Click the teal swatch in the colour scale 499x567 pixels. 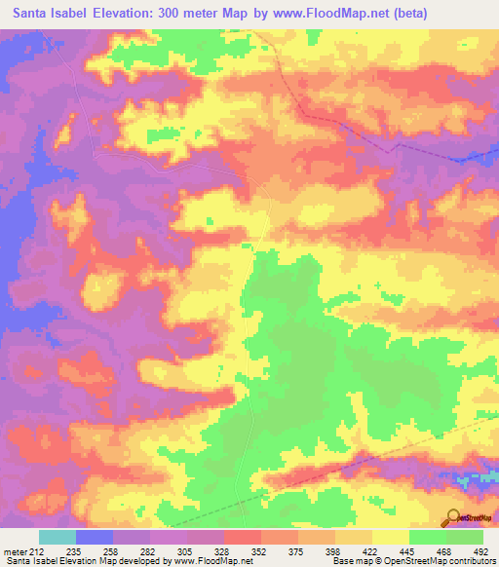(x=58, y=537)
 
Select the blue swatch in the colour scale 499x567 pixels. (x=95, y=537)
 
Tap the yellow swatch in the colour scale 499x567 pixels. (x=391, y=537)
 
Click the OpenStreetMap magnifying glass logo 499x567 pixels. (x=453, y=517)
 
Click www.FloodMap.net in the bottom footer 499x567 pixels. (x=211, y=561)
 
